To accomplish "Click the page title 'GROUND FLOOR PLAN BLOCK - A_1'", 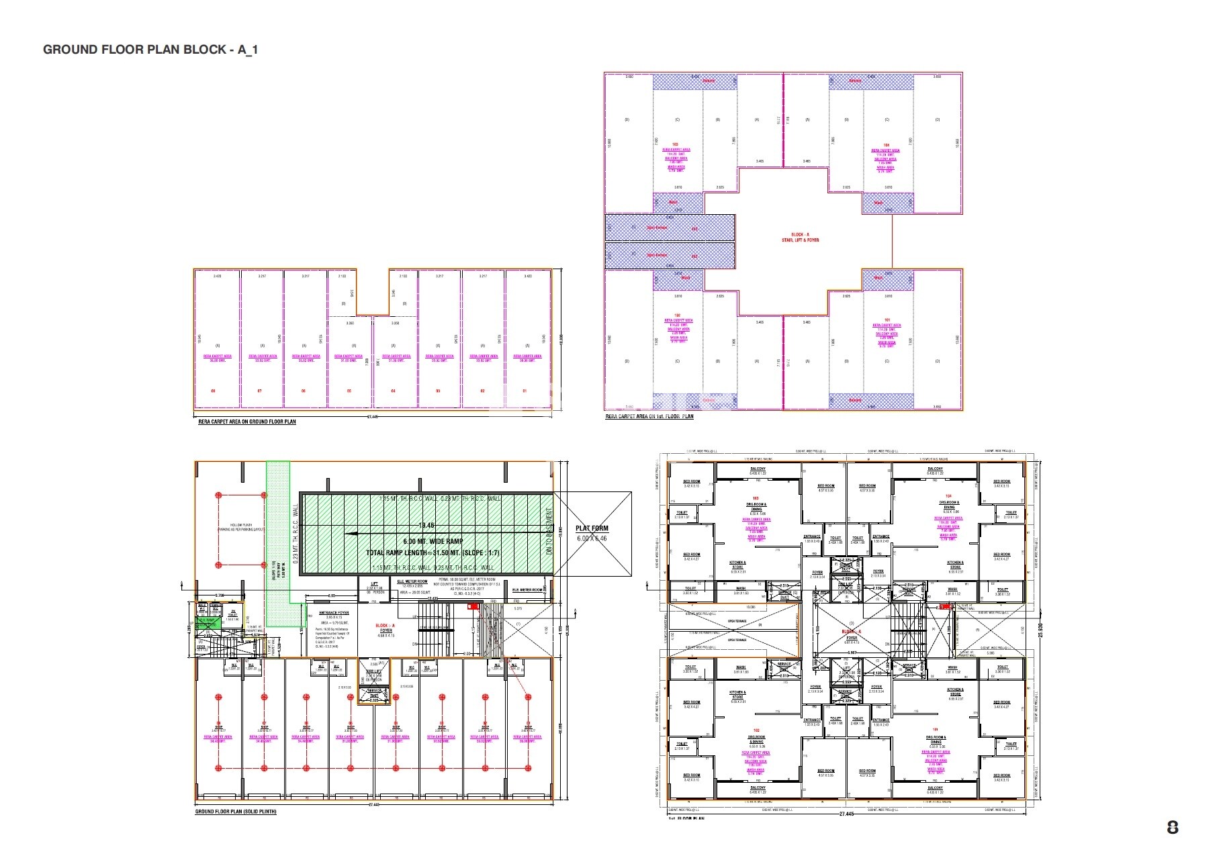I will pyautogui.click(x=150, y=50).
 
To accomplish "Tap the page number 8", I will pyautogui.click(x=1173, y=828).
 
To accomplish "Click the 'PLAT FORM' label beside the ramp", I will pyautogui.click(x=592, y=528).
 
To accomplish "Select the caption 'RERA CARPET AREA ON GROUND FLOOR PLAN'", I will pyautogui.click(x=246, y=422).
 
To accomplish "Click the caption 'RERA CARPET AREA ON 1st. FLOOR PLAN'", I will pyautogui.click(x=649, y=417).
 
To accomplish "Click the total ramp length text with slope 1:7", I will pyautogui.click(x=433, y=553).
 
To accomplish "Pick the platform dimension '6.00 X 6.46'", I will pyautogui.click(x=592, y=538).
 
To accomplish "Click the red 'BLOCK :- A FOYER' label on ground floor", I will pyautogui.click(x=386, y=628).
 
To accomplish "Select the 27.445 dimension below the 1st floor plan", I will pyautogui.click(x=846, y=814).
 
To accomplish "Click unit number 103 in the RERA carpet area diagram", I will pyautogui.click(x=676, y=144).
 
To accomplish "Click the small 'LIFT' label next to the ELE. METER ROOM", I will pyautogui.click(x=375, y=583).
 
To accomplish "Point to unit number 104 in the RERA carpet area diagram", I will pyautogui.click(x=886, y=144).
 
